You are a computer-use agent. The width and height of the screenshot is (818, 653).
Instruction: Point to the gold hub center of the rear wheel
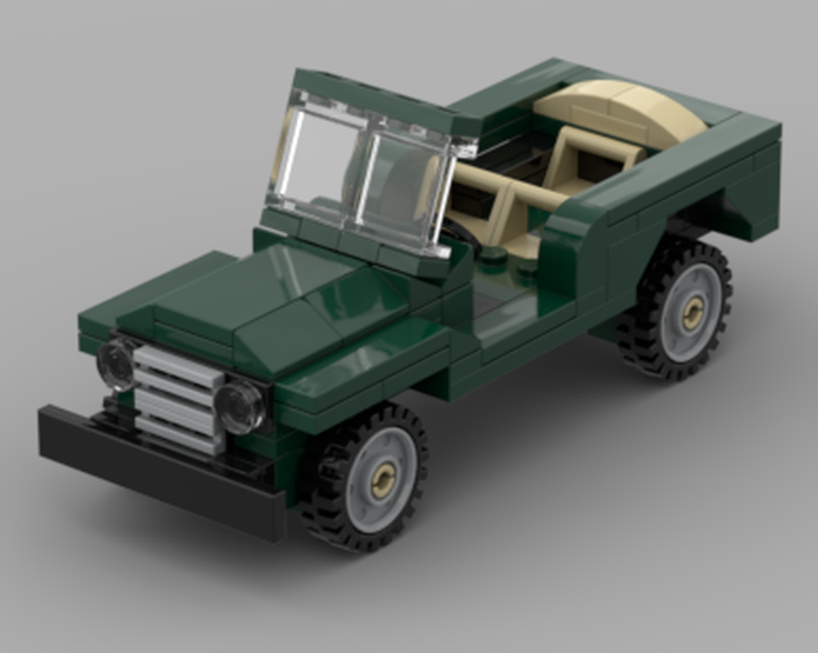pyautogui.click(x=693, y=312)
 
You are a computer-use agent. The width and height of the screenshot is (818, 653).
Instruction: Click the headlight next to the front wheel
pyautogui.click(x=240, y=407)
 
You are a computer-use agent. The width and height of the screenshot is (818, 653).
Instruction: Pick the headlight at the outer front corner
pyautogui.click(x=115, y=364)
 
